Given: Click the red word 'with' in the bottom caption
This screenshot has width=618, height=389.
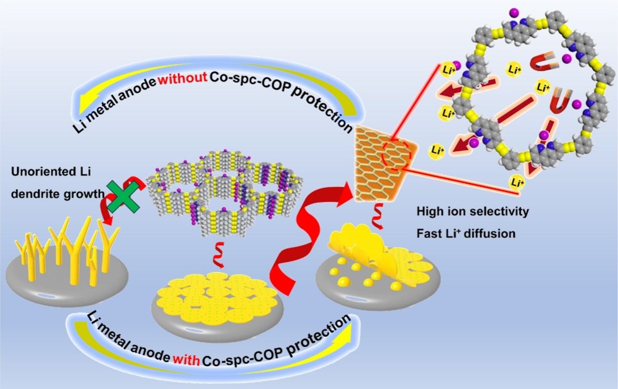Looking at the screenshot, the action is (186, 360).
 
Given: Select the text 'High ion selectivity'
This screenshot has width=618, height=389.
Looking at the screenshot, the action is (473, 212).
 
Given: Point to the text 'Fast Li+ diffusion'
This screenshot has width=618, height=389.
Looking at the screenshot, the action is (466, 234).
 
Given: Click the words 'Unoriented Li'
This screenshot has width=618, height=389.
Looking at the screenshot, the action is (51, 171).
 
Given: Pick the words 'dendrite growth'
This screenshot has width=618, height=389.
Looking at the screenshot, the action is (58, 194).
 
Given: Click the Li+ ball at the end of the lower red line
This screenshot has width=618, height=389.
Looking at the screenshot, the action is (516, 182).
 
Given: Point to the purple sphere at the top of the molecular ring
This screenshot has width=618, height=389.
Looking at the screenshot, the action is (514, 13).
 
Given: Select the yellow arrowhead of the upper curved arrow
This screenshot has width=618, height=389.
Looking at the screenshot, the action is (86, 106).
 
